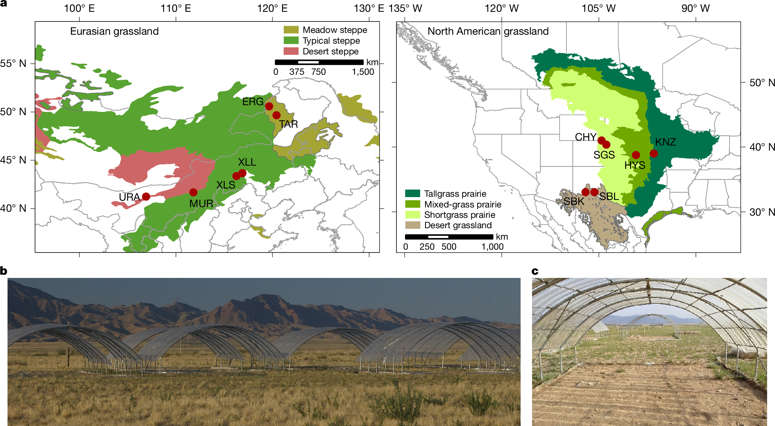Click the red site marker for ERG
(269, 106)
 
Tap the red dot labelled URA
(146, 196)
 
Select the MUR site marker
(193, 192)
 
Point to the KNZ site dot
(654, 153)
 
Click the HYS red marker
(636, 155)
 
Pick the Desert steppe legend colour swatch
(291, 51)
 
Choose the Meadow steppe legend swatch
(291, 30)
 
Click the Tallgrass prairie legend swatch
(412, 194)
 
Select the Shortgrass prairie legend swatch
(412, 215)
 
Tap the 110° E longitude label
(176, 8)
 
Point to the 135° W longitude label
(405, 8)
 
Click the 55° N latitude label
(13, 64)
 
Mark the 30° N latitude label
(762, 212)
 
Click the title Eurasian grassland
(114, 31)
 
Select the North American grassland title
(488, 31)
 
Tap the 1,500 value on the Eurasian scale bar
(363, 72)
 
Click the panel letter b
(4, 271)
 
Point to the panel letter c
(535, 271)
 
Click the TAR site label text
(288, 124)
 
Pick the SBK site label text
(574, 202)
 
